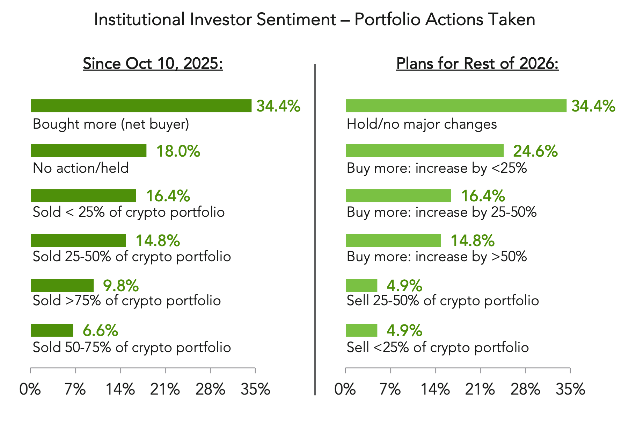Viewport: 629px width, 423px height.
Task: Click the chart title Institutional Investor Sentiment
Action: pyautogui.click(x=314, y=20)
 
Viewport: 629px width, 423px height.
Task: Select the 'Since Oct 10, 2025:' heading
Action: pyautogui.click(x=153, y=64)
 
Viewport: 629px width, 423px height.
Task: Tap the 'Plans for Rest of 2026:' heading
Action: pyautogui.click(x=477, y=64)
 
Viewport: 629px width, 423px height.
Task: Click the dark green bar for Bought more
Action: pyautogui.click(x=141, y=106)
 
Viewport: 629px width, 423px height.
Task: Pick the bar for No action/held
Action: pyautogui.click(x=88, y=151)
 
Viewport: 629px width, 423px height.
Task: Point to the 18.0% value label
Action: pyautogui.click(x=178, y=151)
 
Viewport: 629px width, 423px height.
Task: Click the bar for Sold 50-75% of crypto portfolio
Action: pyautogui.click(x=52, y=330)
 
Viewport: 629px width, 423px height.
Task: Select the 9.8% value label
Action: pyautogui.click(x=121, y=286)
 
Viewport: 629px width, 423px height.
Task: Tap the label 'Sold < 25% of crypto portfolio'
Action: pyautogui.click(x=129, y=212)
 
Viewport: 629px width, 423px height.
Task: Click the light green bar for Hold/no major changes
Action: pyautogui.click(x=456, y=106)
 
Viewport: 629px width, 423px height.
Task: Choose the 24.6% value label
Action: pyautogui.click(x=535, y=151)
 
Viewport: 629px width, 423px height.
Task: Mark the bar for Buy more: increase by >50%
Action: pyautogui.click(x=393, y=241)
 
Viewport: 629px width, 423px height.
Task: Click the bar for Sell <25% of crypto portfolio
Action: pyautogui.click(x=361, y=330)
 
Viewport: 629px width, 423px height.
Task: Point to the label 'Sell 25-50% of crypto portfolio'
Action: pyautogui.click(x=443, y=301)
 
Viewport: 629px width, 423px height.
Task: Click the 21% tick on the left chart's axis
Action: pyautogui.click(x=165, y=389)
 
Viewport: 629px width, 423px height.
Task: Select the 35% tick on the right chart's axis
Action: pyautogui.click(x=570, y=389)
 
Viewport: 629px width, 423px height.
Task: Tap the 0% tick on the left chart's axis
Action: pyautogui.click(x=30, y=389)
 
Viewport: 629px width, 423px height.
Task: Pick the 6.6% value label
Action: pyautogui.click(x=100, y=330)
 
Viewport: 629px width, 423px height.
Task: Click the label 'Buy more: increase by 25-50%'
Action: pyautogui.click(x=441, y=212)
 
